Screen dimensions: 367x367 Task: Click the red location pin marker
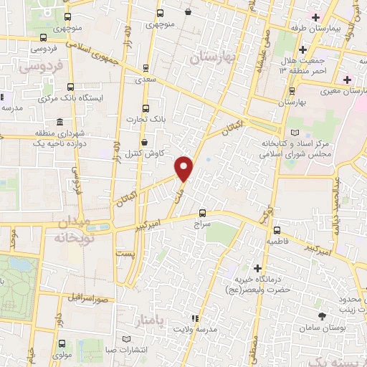185,168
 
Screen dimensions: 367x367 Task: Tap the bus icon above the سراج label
202,213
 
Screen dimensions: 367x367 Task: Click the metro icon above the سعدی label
146,69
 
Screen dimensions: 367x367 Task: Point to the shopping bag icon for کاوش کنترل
144,142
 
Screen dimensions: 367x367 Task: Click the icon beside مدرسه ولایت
193,318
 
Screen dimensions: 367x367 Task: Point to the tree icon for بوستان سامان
320,316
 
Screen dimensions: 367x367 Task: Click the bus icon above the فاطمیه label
277,230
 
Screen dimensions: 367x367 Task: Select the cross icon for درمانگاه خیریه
257,267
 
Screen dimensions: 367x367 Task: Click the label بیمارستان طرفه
335,28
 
